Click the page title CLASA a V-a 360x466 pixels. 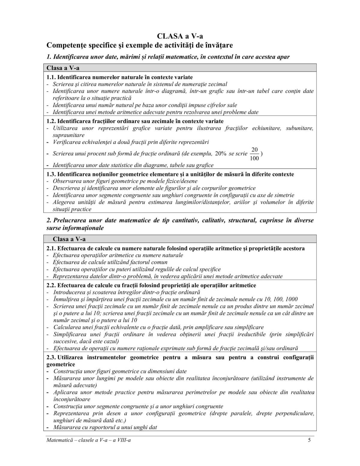(180, 36)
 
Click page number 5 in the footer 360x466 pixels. (309, 440)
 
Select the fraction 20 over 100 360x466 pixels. (254, 154)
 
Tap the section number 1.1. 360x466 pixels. (51, 77)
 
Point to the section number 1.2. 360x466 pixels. (51, 121)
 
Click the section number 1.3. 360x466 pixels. (51, 174)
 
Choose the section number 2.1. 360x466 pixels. (51, 248)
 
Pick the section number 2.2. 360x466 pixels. (51, 285)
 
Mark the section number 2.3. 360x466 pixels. (51, 357)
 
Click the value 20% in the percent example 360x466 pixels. (221, 154)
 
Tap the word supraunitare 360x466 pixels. (69, 135)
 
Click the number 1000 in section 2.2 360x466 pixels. (292, 299)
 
